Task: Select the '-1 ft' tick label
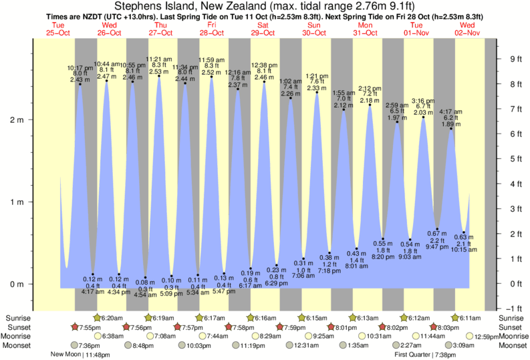tap(514, 308)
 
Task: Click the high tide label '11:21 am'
tap(159, 59)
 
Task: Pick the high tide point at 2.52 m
tap(212, 77)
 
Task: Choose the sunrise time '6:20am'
tap(112, 318)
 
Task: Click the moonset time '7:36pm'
tap(89, 345)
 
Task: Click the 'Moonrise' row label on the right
tap(513, 337)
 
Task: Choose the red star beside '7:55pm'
tap(76, 327)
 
